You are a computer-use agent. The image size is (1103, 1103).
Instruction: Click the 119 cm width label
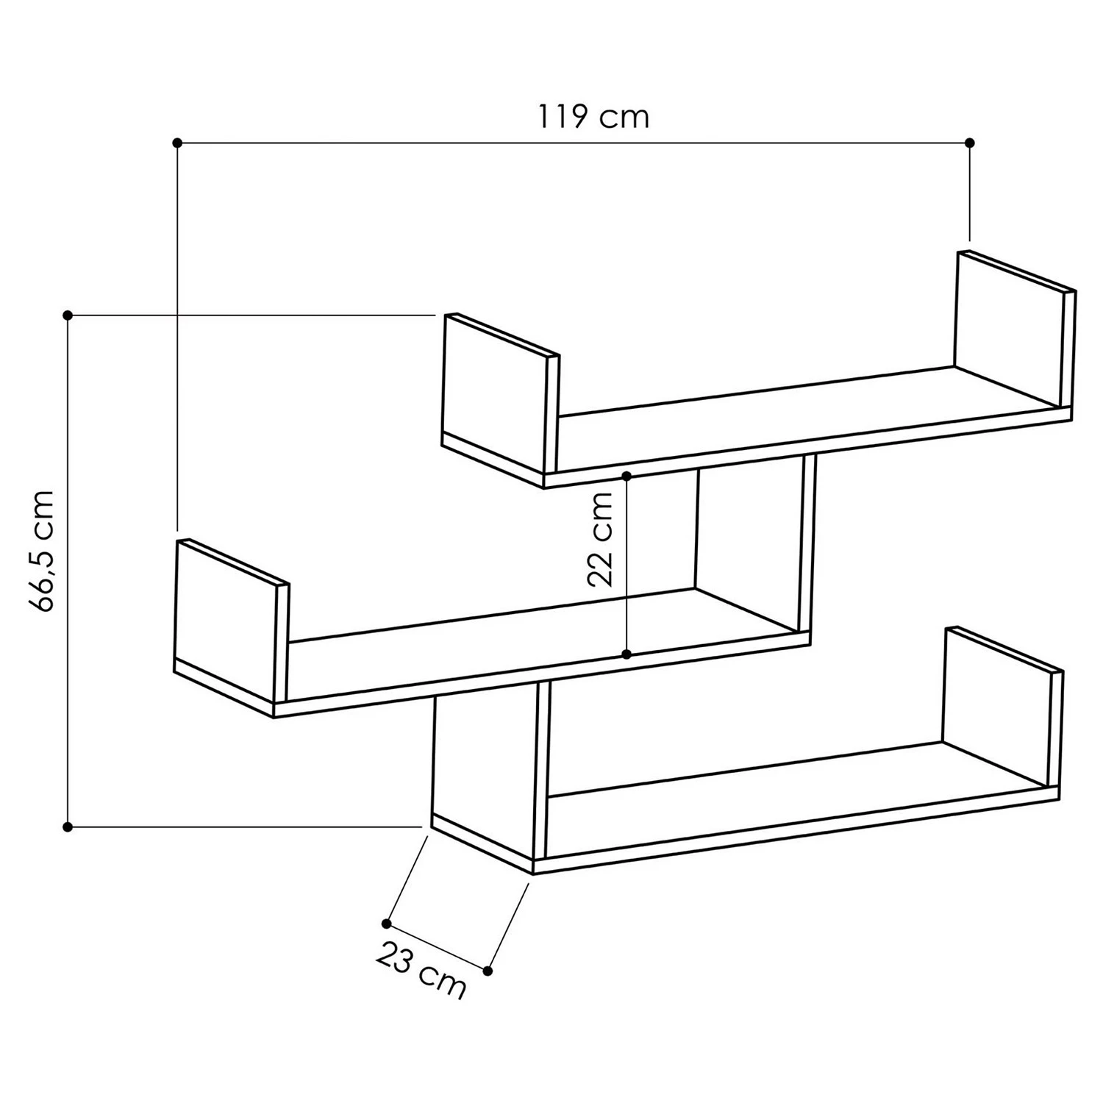tap(593, 117)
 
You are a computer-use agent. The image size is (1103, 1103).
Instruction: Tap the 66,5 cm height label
tap(42, 551)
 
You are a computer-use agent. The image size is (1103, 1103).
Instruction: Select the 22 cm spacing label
tap(601, 539)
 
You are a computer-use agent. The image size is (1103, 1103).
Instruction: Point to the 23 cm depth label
tap(421, 971)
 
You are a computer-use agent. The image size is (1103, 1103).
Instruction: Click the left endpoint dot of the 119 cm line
tap(176, 142)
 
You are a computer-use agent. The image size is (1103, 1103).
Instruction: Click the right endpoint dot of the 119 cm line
tap(970, 142)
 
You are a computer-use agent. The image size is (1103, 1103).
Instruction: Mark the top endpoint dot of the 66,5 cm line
tap(68, 315)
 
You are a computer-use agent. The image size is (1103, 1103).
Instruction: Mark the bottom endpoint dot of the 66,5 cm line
tap(68, 827)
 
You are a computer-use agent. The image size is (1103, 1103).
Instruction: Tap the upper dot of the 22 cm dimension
tap(627, 476)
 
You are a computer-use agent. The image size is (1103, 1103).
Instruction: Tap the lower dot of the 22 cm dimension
tap(627, 654)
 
